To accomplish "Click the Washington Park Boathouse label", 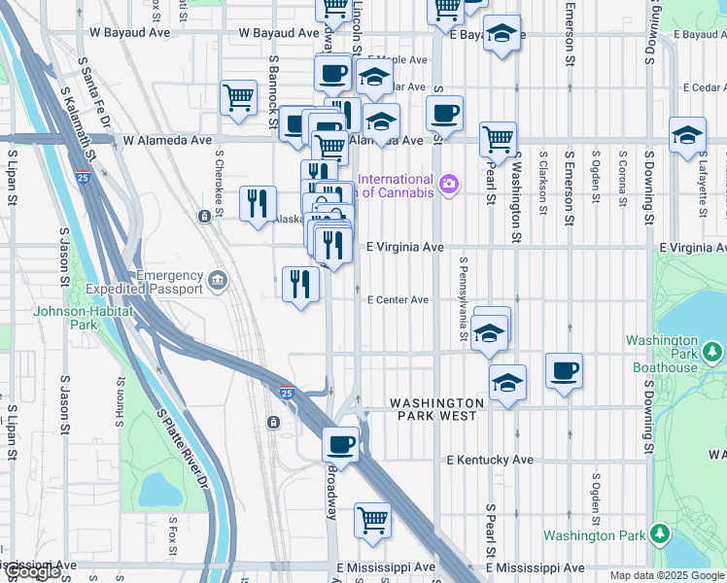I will coord(662,355).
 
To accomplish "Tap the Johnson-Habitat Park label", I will coord(65,319).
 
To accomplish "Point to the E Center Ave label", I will coord(398,300).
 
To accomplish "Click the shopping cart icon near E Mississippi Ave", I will coord(372,521).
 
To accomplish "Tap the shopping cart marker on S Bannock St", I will coord(238,97).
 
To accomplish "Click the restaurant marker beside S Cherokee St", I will coord(258,203).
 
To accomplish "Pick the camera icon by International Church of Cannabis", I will coord(448,184).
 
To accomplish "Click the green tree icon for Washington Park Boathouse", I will coord(713,350).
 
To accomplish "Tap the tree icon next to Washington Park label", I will coord(660,535).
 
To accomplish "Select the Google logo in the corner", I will coord(31,573).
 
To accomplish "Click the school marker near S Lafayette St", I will coord(687,135).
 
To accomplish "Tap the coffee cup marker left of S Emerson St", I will coord(564,370).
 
